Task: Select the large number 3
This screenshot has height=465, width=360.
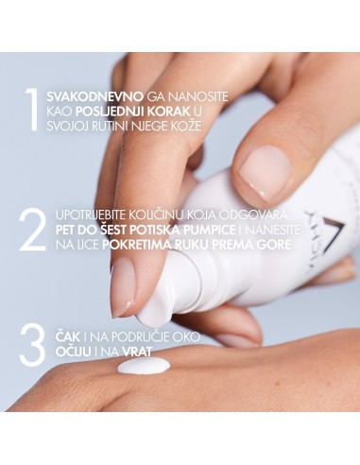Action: pos(31,345)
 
